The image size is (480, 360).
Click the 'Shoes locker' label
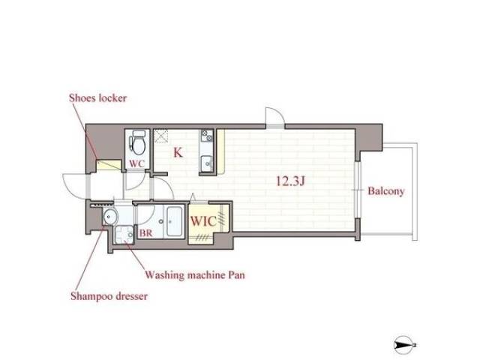97,98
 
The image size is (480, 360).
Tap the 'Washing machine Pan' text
195,274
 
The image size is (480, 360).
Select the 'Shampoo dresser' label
109,296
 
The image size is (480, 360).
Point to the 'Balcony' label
386,191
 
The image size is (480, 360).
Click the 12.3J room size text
290,181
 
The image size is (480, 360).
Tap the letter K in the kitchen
178,152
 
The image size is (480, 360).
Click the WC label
136,163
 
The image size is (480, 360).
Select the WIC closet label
203,221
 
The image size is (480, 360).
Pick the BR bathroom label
145,233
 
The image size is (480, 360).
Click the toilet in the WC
137,142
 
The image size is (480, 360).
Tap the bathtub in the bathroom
175,221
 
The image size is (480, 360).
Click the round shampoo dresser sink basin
110,217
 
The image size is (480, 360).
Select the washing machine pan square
124,235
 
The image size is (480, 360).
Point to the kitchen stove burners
207,135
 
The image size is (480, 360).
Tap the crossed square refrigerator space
160,136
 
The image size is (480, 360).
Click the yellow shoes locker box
109,165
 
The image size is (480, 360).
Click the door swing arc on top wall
279,112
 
